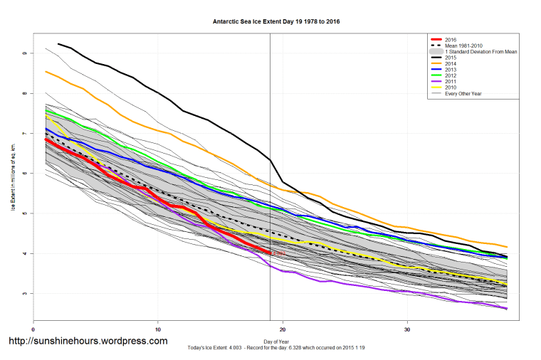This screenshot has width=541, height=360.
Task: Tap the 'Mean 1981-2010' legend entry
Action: (463, 46)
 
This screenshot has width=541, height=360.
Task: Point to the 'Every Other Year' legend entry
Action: (463, 94)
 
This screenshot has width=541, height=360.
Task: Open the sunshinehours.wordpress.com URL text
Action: (87, 341)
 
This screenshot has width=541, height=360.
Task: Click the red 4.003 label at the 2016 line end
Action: (279, 253)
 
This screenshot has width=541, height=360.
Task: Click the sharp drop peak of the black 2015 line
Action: (270, 160)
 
